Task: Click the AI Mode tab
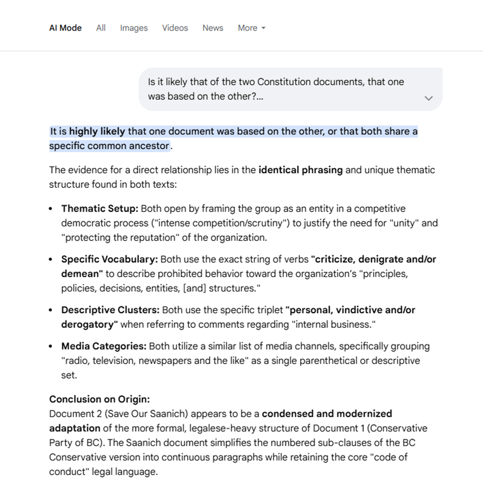coord(65,28)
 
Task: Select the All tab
coord(101,28)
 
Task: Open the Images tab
coord(134,28)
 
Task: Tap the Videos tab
coord(175,28)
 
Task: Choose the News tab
coord(213,28)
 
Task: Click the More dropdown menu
coord(251,28)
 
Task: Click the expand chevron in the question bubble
coord(429,98)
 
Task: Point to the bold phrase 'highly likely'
coord(97,131)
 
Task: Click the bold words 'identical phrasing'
coord(300,170)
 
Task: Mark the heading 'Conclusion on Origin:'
coord(99,399)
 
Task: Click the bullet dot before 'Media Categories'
coord(52,346)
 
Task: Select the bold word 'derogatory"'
coord(90,324)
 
